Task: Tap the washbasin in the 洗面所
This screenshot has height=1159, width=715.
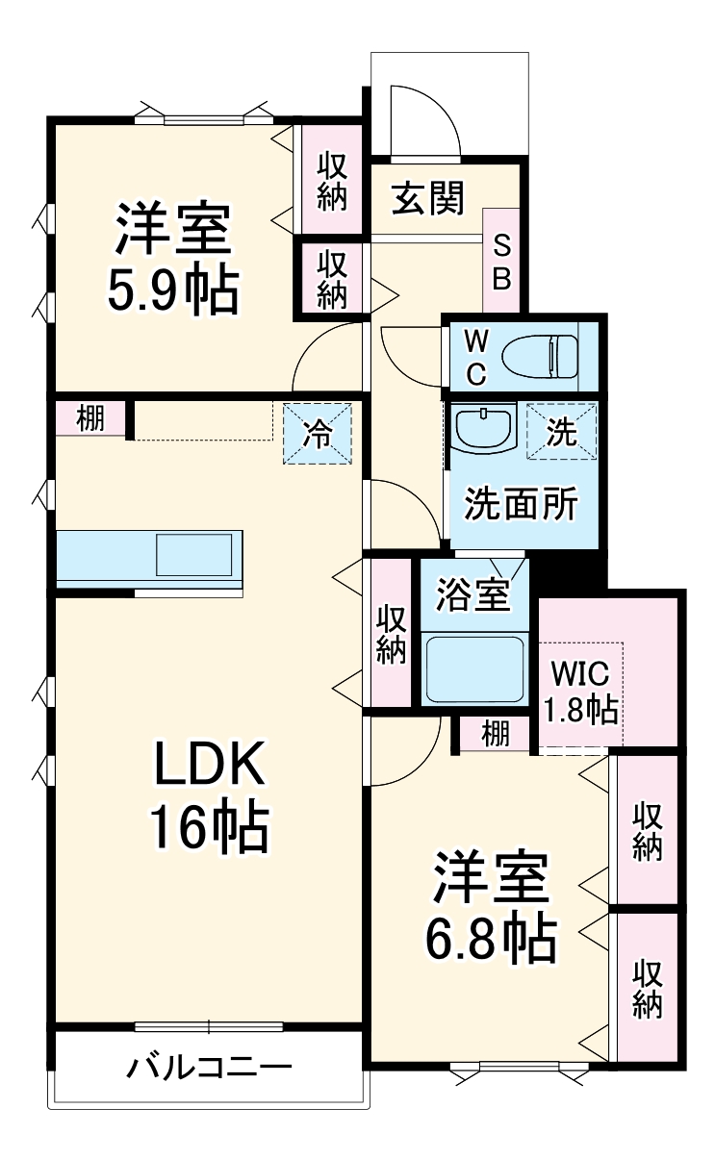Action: tap(484, 428)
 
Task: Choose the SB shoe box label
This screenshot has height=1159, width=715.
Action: tap(502, 263)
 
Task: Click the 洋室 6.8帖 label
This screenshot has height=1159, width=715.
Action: tap(492, 906)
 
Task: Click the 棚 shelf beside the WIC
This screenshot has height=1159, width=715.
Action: tap(495, 735)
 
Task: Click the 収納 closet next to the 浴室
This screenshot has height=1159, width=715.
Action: tap(391, 633)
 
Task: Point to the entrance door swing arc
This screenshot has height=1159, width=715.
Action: tap(423, 120)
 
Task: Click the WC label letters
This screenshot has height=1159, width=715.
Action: tap(476, 357)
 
